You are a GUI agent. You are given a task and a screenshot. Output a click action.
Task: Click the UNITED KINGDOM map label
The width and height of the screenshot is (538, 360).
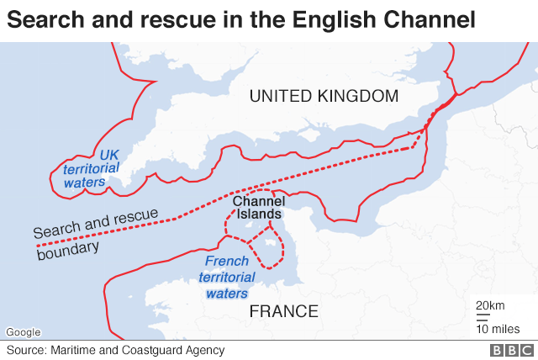coord(324,97)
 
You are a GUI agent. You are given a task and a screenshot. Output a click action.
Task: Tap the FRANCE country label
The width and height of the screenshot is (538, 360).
coord(284,312)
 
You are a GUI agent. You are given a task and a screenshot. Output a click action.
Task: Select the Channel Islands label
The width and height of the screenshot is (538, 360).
coord(257,208)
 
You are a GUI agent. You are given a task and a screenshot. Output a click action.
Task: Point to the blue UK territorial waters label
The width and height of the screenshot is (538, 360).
coord(83,168)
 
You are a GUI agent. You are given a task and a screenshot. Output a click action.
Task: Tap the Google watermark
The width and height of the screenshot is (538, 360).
coord(23,332)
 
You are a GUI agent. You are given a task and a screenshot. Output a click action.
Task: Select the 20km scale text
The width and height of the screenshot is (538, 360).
coord(490,304)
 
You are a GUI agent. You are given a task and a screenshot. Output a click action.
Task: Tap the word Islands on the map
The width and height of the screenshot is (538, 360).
coord(259,214)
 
